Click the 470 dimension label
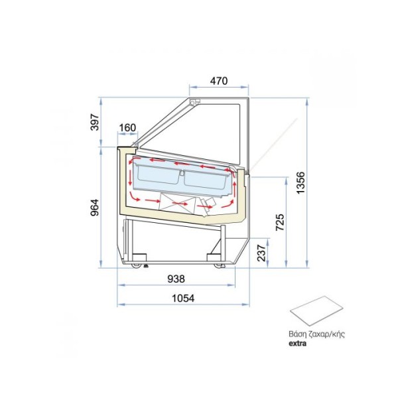click(219, 81)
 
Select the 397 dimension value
click(95, 122)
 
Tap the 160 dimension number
click(127, 127)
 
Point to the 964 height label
click(95, 208)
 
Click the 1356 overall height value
click(300, 183)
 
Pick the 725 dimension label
click(280, 222)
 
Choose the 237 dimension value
click(261, 253)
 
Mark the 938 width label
click(176, 279)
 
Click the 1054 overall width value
click(183, 298)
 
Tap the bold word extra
click(297, 344)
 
